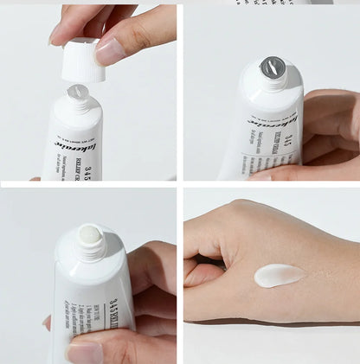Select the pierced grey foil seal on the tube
(273, 66)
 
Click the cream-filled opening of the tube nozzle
(89, 235)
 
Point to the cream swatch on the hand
(280, 275)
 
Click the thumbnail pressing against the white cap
(109, 52)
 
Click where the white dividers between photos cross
(179, 184)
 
